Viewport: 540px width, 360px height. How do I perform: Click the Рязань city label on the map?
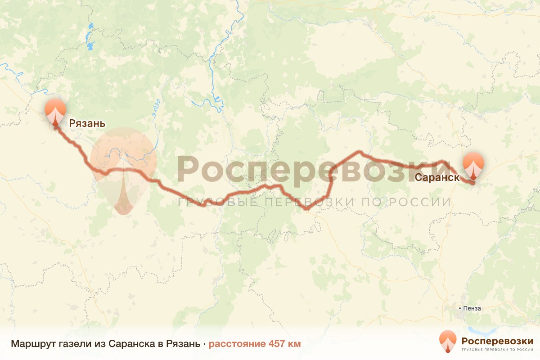click(87, 123)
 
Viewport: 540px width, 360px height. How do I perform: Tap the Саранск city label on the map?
click(436, 177)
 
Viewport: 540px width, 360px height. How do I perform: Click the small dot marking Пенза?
click(459, 309)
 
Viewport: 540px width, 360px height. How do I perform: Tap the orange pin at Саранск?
click(473, 166)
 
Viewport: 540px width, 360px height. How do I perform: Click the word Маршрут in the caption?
click(33, 344)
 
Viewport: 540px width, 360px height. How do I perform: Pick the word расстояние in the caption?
click(237, 344)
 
